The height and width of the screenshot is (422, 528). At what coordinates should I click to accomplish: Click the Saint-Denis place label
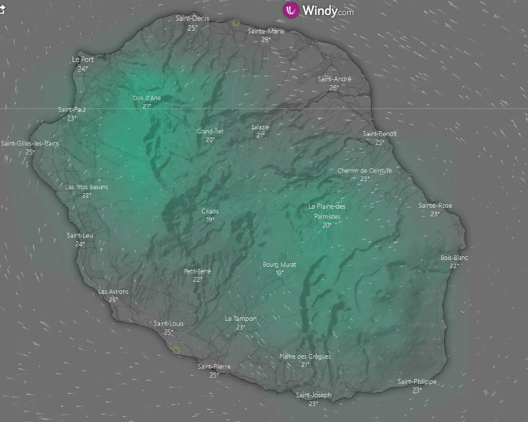click(192, 18)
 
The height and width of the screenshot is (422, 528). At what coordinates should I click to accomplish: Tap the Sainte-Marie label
click(266, 31)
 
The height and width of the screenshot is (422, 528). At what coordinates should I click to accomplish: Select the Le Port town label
click(83, 59)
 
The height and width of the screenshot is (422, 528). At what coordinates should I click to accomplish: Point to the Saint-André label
click(334, 78)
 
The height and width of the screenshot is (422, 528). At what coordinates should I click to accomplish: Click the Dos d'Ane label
click(147, 98)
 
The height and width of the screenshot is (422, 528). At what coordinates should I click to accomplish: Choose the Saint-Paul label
click(72, 109)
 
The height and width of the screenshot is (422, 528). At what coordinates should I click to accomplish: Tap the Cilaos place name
click(210, 211)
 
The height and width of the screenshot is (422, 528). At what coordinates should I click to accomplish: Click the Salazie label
click(260, 127)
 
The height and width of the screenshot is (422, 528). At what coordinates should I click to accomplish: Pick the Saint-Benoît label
click(379, 133)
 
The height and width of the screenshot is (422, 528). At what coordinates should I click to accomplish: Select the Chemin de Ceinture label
click(364, 170)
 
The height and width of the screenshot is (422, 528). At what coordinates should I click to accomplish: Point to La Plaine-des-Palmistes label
click(327, 211)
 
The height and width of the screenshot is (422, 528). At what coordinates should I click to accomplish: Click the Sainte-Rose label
click(435, 205)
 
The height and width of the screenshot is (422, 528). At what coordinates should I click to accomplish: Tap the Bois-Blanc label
click(454, 258)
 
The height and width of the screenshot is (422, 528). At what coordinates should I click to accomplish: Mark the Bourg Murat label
click(279, 265)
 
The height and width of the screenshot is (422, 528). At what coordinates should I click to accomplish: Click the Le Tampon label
click(241, 319)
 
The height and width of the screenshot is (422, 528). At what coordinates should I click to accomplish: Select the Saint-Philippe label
click(417, 381)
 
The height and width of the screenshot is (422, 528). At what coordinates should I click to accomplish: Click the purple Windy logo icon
click(291, 10)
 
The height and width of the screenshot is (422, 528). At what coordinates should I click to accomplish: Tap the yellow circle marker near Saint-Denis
click(236, 23)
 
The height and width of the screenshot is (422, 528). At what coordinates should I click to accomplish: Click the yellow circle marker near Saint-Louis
click(176, 350)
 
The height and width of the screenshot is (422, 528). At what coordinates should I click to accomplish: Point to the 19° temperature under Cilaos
click(210, 220)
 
